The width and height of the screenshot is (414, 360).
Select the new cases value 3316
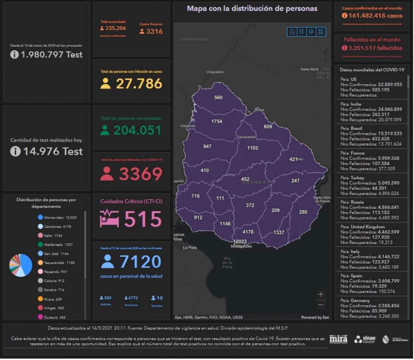pos(154,31)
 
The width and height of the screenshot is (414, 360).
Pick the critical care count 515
pos(143,218)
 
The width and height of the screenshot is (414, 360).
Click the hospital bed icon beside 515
pos(110,218)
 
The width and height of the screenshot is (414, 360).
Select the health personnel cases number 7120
pos(140,262)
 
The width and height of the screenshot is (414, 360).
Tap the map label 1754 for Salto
pos(217,121)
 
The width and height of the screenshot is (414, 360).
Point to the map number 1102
pos(253,148)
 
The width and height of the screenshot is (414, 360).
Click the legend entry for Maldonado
pos(58,244)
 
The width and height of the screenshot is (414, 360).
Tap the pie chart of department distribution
pos(20,265)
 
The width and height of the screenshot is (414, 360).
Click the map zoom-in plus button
pos(320,294)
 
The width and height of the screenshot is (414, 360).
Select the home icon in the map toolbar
pos(292,32)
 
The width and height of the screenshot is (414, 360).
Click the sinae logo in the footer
pos(365,339)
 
